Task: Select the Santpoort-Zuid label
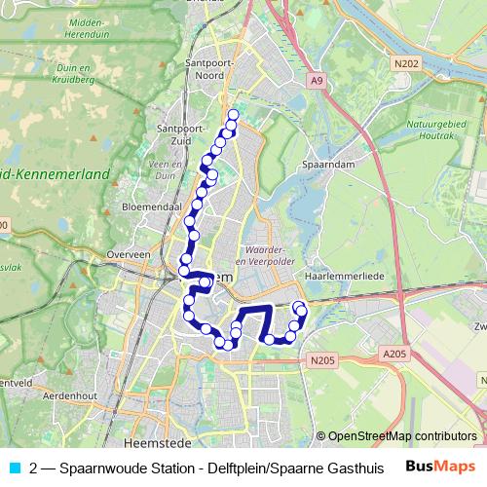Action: click(178, 133)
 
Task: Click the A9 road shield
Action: click(316, 80)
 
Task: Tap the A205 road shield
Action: click(393, 354)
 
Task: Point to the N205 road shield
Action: click(322, 361)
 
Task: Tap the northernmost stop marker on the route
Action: click(233, 115)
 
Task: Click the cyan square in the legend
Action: click(16, 467)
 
